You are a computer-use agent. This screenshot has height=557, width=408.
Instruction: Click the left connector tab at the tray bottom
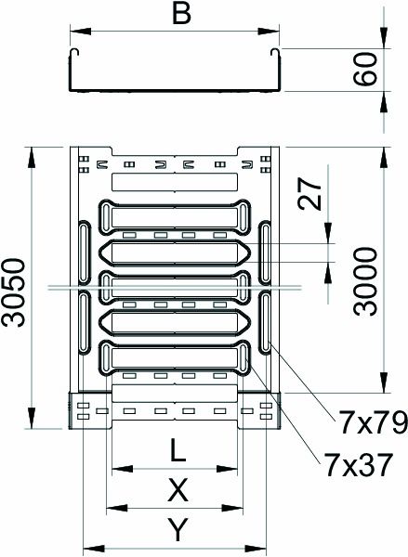click(x=91, y=411)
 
